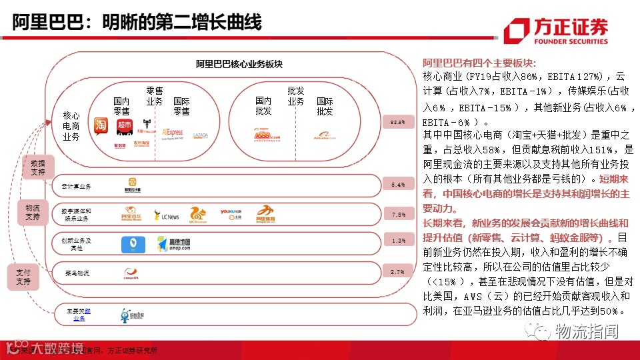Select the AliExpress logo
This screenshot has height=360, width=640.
172,133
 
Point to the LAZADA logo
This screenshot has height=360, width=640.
201,135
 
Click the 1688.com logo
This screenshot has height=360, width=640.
267,135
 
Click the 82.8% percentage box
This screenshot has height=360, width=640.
399,122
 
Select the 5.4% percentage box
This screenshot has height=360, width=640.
399,185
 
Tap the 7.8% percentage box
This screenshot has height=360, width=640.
399,214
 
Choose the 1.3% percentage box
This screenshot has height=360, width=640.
399,241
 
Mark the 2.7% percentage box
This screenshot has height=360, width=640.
399,272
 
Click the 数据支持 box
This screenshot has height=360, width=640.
38,168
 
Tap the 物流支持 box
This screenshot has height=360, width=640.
33,211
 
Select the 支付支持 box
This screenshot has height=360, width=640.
23,277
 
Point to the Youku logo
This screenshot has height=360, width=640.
229,213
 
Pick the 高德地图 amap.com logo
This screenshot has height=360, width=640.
174,245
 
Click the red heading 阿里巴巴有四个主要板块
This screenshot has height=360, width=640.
479,63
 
